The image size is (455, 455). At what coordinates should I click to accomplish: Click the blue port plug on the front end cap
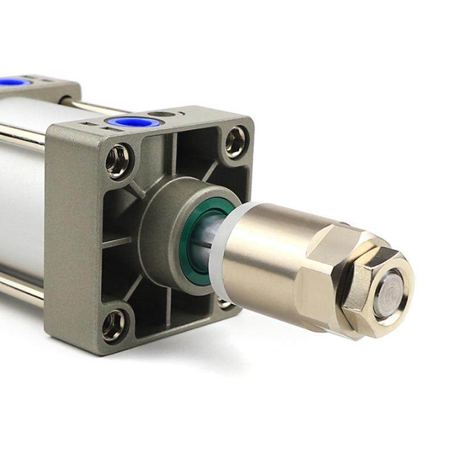click(126, 122)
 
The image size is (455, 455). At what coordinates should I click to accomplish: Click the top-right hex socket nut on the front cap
click(236, 142)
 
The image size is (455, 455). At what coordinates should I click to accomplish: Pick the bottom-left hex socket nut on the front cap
click(114, 325)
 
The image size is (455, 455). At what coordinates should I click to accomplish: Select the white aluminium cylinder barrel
click(23, 188)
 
